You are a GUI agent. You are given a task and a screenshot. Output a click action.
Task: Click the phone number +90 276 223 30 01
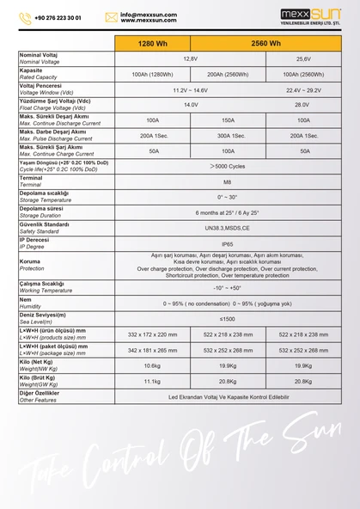point(57,17)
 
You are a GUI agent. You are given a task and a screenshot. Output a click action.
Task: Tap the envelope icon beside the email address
point(111,17)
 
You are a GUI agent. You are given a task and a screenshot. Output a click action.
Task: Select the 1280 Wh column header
point(152,43)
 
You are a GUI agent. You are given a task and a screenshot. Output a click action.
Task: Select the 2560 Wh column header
point(265,43)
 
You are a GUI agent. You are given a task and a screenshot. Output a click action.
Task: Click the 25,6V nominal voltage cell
point(303,58)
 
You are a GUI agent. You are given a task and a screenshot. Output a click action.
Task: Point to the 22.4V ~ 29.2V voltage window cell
point(303,90)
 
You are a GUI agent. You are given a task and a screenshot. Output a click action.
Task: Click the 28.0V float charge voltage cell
point(303,105)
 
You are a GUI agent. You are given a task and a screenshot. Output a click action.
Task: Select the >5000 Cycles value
point(228,166)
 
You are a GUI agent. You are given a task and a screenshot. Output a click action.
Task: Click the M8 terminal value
point(228,181)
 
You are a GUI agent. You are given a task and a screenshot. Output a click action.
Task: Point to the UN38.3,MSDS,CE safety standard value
point(228,228)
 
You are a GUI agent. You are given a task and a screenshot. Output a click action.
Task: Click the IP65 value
point(228,243)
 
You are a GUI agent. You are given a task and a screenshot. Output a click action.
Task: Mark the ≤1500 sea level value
point(228,319)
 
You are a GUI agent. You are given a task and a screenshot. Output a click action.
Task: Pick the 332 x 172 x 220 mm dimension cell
point(152,334)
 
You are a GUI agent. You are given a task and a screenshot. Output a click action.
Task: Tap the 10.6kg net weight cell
point(152,365)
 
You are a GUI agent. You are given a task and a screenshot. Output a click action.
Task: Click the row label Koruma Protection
point(32,265)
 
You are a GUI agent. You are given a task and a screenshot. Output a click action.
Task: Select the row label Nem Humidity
point(30,303)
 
